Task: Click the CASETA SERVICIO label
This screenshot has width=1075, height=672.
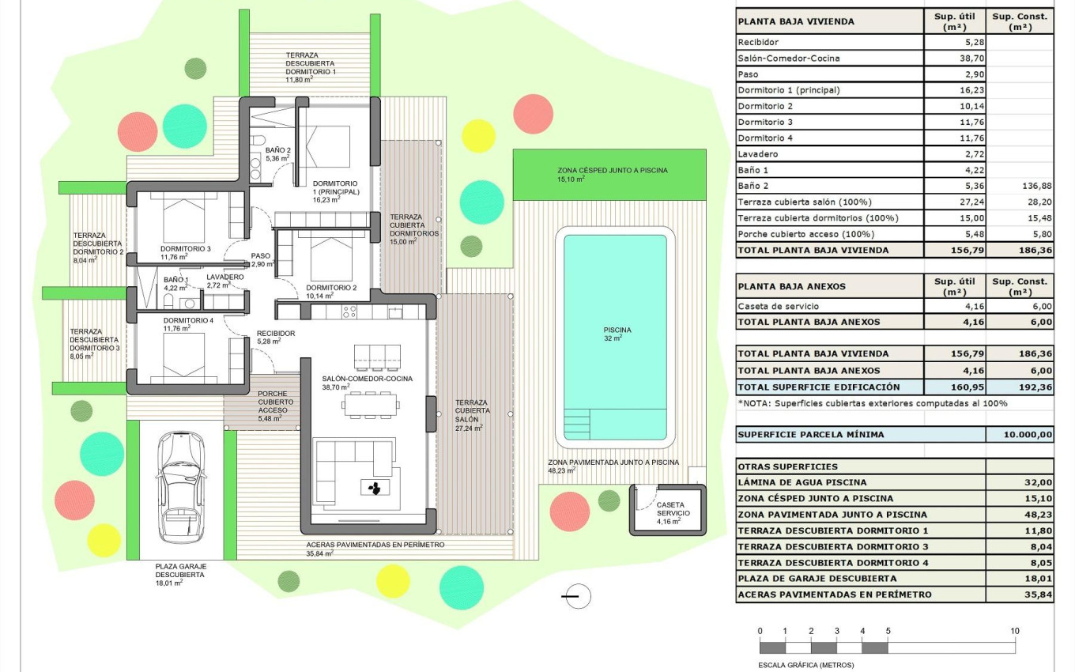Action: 672,509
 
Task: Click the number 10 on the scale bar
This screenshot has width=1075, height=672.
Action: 1014,631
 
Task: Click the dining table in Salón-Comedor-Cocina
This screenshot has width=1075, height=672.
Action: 371,406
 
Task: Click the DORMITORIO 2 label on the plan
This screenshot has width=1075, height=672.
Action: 331,288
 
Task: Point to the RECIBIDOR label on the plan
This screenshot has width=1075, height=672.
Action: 276,334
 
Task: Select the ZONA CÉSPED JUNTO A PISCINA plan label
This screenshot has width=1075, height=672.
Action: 612,171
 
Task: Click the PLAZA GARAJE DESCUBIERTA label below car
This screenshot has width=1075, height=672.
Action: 181,571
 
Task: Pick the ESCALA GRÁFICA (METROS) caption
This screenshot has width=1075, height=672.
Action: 805,665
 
